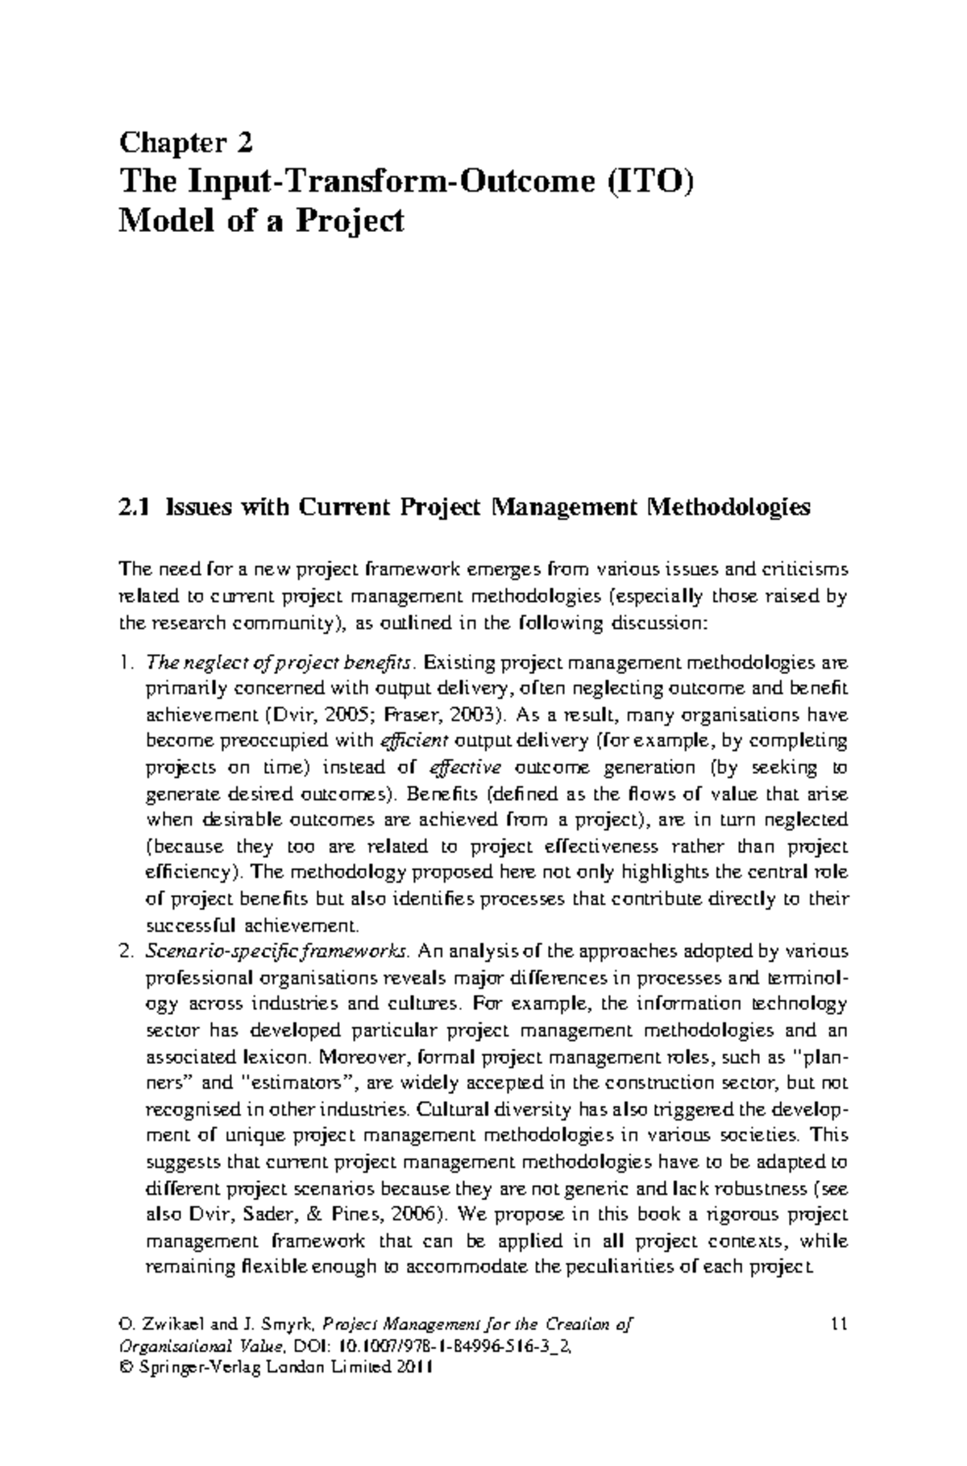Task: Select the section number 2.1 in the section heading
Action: tap(133, 508)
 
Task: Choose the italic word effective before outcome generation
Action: tap(467, 768)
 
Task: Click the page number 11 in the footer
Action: tap(838, 1323)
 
